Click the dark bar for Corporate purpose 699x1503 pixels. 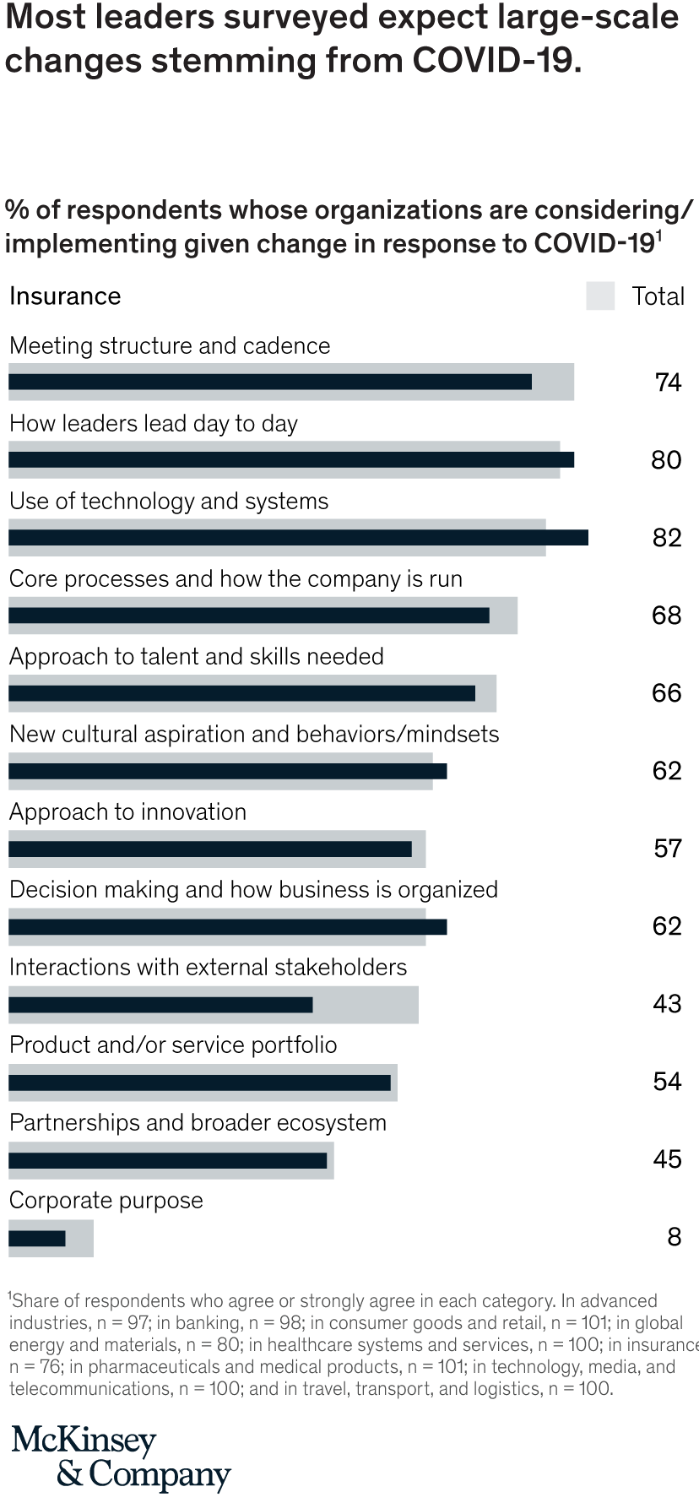coord(37,1238)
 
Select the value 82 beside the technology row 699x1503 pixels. coord(666,538)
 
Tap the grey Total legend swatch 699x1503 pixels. coord(600,296)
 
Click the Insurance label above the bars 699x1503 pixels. coord(65,296)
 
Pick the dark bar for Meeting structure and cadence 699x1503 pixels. coord(270,382)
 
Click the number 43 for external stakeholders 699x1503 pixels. coord(666,1004)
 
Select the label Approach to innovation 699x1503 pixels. coord(127,812)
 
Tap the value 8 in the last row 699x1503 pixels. coord(674,1237)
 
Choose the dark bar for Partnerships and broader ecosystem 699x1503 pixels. coord(167,1160)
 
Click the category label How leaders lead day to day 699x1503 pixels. coord(153,424)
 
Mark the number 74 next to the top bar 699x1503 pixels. coord(667,383)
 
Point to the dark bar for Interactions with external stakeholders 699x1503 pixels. coord(160,1005)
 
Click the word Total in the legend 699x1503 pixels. coord(658,296)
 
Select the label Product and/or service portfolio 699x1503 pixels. coord(173,1045)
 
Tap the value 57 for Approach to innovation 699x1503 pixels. coord(667,849)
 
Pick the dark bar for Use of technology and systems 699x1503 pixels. coord(298,537)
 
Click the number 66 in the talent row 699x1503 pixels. coord(666,693)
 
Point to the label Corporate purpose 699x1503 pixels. coord(106,1201)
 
